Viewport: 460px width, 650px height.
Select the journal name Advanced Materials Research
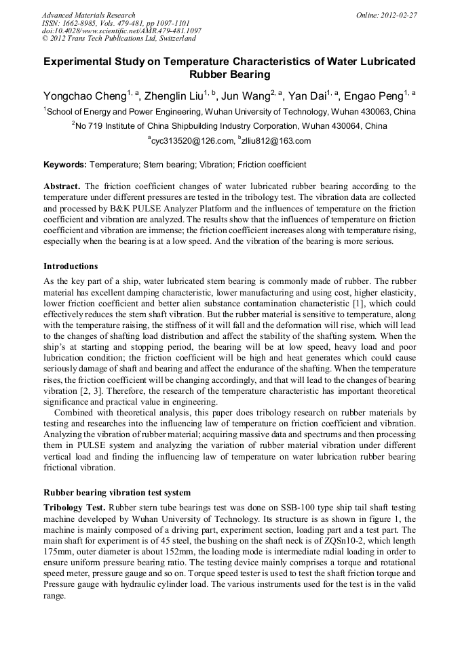88,15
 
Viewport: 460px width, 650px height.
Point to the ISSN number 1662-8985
81,23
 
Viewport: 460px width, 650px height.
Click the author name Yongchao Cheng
84,95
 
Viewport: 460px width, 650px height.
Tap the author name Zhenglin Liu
172,95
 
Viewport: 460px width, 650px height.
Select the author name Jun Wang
245,95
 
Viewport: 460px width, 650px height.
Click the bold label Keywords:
65,165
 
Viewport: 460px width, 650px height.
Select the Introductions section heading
71,266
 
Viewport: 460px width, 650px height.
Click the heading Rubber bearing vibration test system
117,493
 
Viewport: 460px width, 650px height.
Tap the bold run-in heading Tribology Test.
74,507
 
